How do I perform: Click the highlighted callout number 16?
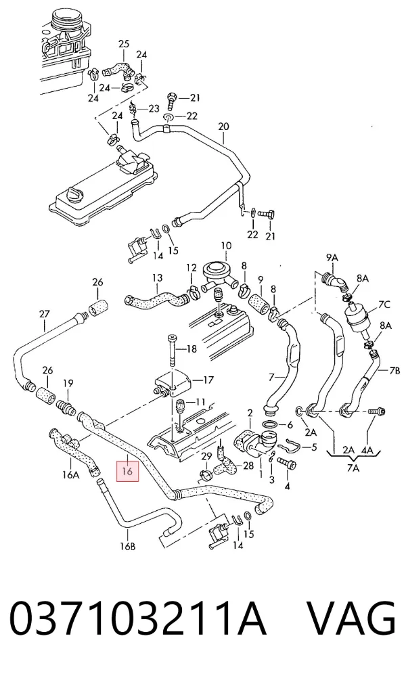coord(127,471)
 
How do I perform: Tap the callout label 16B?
coord(128,546)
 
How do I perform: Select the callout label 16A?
coord(70,475)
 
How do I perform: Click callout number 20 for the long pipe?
coord(223,127)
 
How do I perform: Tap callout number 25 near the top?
coord(123,43)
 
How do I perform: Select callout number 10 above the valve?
coord(226,246)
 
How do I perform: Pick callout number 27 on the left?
coord(44,314)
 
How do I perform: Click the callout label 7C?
coord(384,305)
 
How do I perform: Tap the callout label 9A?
coord(332,258)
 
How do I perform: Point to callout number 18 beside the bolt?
coord(191,349)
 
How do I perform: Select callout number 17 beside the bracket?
coord(208,380)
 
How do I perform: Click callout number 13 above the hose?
coord(157,277)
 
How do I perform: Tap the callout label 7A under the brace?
coord(353,468)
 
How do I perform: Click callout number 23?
coord(154,109)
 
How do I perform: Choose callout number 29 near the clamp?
coord(206,455)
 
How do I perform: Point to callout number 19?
coord(68,382)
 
